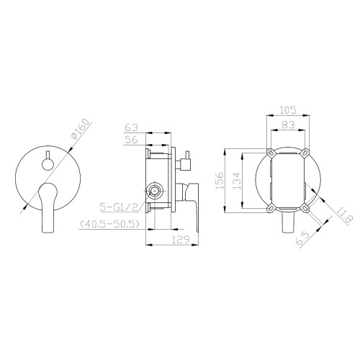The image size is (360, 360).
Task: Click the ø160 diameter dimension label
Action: (x=82, y=129)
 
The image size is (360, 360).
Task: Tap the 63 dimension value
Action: (x=132, y=127)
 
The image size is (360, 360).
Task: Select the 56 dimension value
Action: (x=132, y=140)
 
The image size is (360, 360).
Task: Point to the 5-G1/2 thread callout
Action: (x=120, y=207)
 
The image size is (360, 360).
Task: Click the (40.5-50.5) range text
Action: (x=109, y=224)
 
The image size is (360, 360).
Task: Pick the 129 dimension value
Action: (x=181, y=239)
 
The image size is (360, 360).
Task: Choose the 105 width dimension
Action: (x=288, y=110)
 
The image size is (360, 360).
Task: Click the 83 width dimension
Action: (x=288, y=125)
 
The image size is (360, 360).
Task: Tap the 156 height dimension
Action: (x=220, y=180)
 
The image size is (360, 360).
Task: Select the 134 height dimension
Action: (x=237, y=181)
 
